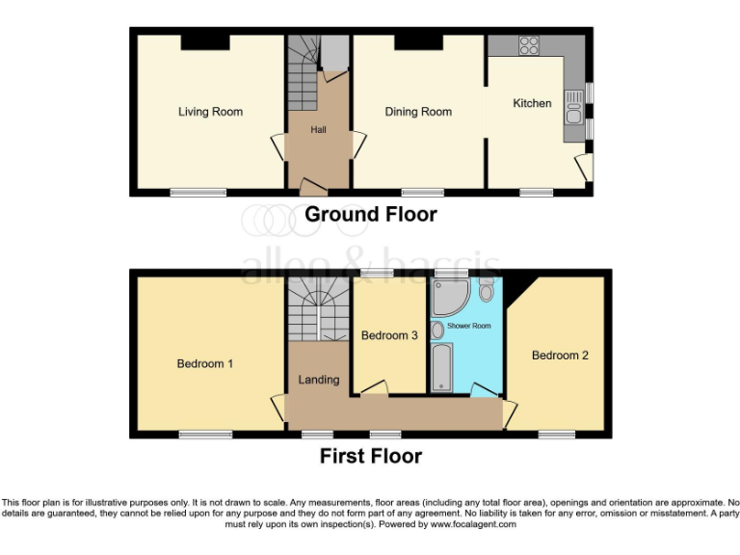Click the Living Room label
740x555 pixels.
210,112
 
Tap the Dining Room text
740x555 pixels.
418,112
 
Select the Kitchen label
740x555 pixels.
532,103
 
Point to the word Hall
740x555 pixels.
319,129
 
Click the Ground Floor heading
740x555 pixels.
370,215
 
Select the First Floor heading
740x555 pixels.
371,456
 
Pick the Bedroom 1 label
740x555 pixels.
204,364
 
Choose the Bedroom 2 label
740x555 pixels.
560,356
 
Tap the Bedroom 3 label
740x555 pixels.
389,336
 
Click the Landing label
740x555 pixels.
318,380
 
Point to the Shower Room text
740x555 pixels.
469,327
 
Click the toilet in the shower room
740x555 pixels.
486,287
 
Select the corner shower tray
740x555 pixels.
448,300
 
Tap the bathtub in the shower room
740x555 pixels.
443,369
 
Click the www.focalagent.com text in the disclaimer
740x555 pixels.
473,525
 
